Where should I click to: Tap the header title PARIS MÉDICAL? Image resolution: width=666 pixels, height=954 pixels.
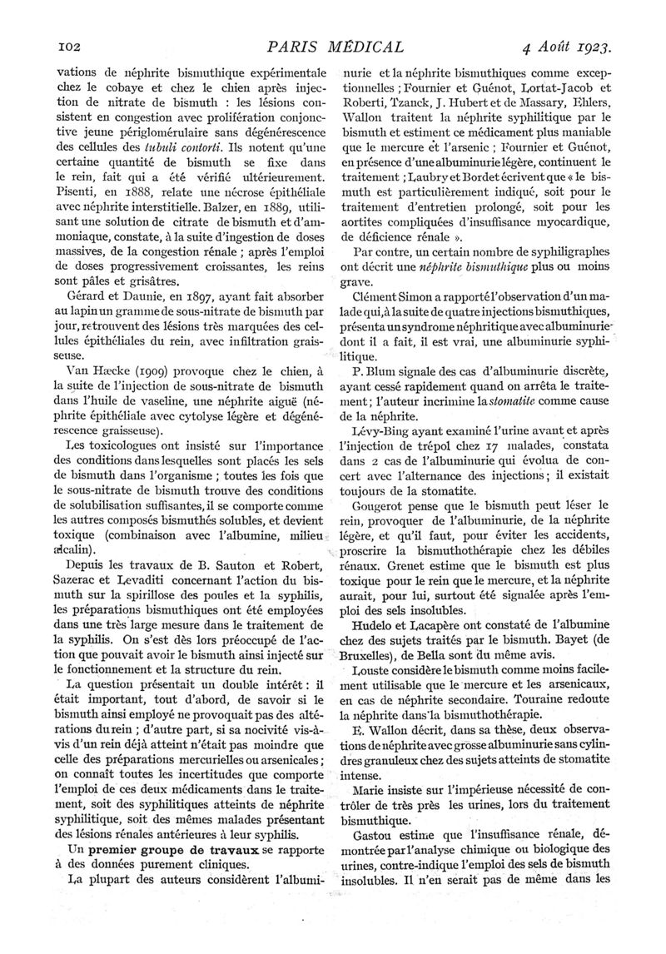coord(333,47)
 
